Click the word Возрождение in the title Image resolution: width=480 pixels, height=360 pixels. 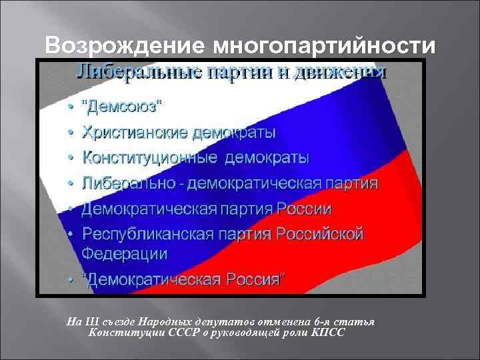click(123, 47)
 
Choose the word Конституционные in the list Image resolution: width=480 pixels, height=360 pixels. click(141, 158)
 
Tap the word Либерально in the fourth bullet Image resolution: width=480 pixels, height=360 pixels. click(127, 183)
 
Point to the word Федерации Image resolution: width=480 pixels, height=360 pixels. click(125, 254)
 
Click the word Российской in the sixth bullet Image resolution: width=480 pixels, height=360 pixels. click(320, 234)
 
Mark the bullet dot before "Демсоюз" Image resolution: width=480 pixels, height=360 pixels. click(71, 107)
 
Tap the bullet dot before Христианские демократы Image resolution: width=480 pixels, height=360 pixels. click(71, 133)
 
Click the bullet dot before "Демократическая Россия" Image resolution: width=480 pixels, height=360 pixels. click(71, 280)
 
